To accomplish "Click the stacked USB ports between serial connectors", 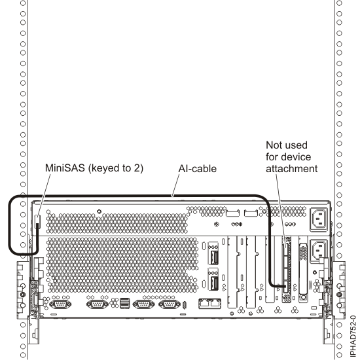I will (124, 304).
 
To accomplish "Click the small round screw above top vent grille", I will (99, 211).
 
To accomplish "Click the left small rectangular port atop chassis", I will (233, 213).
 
